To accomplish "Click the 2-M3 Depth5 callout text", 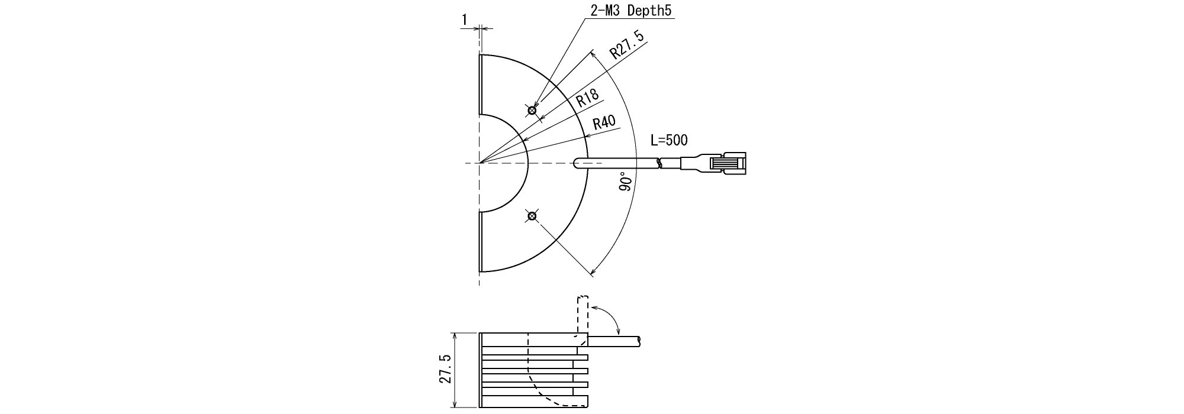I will pyautogui.click(x=632, y=11).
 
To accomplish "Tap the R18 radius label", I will pyautogui.click(x=588, y=98).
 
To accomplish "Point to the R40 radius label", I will pyautogui.click(x=604, y=123).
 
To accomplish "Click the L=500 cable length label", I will pyautogui.click(x=669, y=141).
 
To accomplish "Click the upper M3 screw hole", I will pyautogui.click(x=532, y=110).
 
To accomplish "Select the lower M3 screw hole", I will pyautogui.click(x=532, y=216).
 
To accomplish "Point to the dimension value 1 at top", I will pyautogui.click(x=465, y=20).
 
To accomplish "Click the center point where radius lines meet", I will pyautogui.click(x=480, y=163).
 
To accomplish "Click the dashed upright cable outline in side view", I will pyautogui.click(x=582, y=313).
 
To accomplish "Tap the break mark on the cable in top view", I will pyautogui.click(x=660, y=163).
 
